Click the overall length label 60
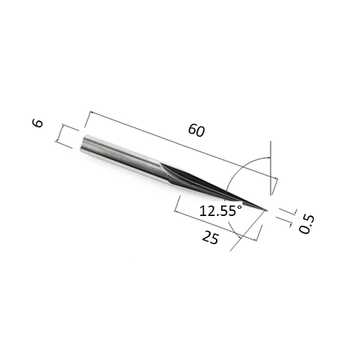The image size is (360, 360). tap(195, 130)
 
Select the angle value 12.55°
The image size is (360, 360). tap(219, 212)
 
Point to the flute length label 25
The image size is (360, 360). tap(210, 237)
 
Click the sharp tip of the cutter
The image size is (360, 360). tap(266, 210)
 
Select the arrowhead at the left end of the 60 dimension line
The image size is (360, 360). tap(89, 113)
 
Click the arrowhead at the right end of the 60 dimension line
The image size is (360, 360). tap(274, 179)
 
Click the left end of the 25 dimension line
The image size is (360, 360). tap(176, 209)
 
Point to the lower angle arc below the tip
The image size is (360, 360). tap(243, 229)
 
